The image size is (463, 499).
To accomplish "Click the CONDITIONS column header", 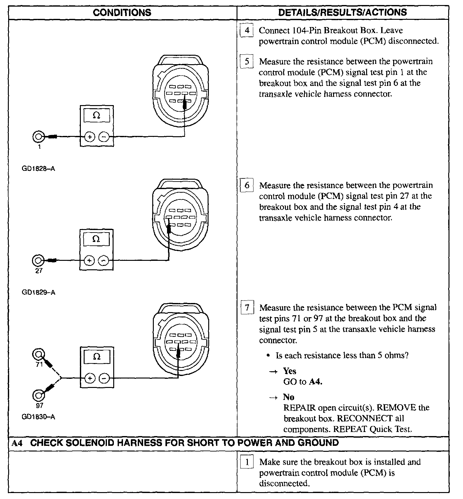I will [x=122, y=13].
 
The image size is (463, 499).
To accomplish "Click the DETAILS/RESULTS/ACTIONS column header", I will [x=343, y=13].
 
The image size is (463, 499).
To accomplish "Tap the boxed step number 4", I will [x=247, y=31].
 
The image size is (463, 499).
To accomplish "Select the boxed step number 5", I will [x=247, y=61].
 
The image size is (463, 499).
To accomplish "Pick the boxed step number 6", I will [x=247, y=185].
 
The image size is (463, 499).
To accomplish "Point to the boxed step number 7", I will [x=247, y=307].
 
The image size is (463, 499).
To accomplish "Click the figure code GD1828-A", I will [x=38, y=169].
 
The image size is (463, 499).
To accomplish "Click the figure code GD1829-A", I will [x=38, y=292].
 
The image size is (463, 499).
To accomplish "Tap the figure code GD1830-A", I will [x=38, y=417].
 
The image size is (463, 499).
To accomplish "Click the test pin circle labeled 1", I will [x=38, y=137].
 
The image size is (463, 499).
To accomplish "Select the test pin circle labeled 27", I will [x=38, y=261].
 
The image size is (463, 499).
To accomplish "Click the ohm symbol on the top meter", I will [x=97, y=116].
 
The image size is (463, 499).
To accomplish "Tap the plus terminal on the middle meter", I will [x=90, y=261].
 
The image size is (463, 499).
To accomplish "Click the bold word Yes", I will [x=289, y=371].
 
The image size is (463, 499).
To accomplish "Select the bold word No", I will [x=288, y=397].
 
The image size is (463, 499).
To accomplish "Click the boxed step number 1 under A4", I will [x=247, y=462].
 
